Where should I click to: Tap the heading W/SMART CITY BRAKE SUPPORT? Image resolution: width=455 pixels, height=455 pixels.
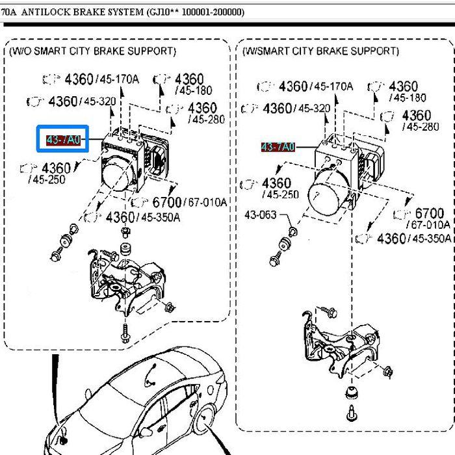pyautogui.click(x=321, y=51)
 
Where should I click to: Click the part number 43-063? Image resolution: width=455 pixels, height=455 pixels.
pyautogui.click(x=260, y=214)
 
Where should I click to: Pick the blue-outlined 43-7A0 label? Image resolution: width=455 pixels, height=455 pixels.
pyautogui.click(x=62, y=139)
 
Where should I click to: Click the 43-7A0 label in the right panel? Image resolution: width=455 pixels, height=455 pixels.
pyautogui.click(x=278, y=147)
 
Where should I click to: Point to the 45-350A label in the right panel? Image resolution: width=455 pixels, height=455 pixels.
pyautogui.click(x=430, y=239)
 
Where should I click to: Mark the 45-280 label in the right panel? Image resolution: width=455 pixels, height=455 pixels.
pyautogui.click(x=421, y=127)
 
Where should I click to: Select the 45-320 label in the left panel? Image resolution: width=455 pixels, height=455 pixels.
pyautogui.click(x=100, y=101)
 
